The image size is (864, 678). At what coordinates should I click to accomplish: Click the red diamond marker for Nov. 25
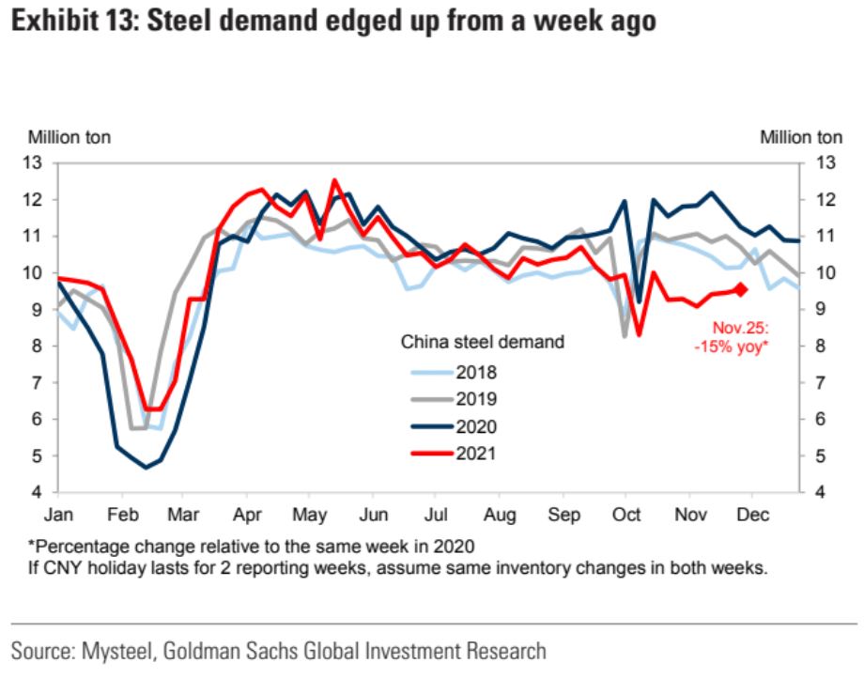point(741,289)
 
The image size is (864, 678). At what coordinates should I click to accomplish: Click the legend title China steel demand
point(483,343)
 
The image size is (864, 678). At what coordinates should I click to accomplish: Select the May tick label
point(310,516)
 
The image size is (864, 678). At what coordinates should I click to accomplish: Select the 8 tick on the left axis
point(39,346)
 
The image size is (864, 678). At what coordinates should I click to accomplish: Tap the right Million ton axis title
point(801,137)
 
